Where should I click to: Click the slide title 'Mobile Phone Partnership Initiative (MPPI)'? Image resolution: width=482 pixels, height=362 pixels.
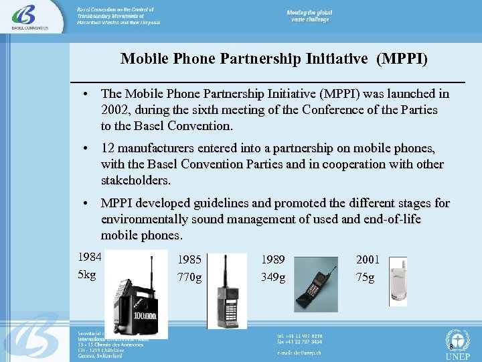pyautogui.click(x=274, y=59)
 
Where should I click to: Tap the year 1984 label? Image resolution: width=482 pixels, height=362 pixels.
pyautogui.click(x=90, y=257)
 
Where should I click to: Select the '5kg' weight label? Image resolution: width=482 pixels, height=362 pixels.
pyautogui.click(x=87, y=275)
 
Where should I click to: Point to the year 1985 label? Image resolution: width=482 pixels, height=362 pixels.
pyautogui.click(x=189, y=259)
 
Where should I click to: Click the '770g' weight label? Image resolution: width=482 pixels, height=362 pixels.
pyautogui.click(x=189, y=277)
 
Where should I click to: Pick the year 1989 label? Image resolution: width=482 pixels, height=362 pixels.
pyautogui.click(x=273, y=259)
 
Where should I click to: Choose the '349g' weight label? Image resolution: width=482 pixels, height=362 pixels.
pyautogui.click(x=273, y=277)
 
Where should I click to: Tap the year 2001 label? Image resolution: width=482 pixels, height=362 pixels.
pyautogui.click(x=368, y=259)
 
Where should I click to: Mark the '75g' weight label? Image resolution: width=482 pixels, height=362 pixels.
pyautogui.click(x=366, y=277)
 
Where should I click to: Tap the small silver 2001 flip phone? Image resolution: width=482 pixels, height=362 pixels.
pyautogui.click(x=398, y=282)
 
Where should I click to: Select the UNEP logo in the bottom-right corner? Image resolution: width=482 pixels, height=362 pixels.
pyautogui.click(x=457, y=344)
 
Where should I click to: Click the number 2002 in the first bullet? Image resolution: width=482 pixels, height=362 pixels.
pyautogui.click(x=114, y=110)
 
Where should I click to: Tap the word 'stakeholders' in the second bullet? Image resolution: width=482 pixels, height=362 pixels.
pyautogui.click(x=135, y=180)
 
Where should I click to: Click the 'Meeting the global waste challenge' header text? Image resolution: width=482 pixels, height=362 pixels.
pyautogui.click(x=309, y=16)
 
